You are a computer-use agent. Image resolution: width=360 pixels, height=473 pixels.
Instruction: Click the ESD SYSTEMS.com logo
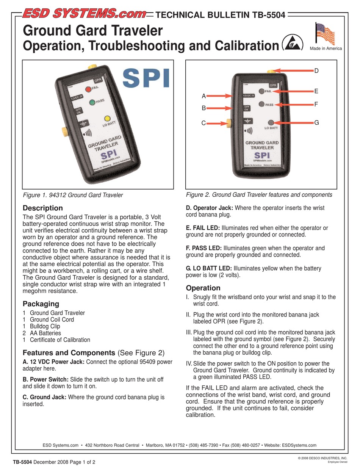[85, 14]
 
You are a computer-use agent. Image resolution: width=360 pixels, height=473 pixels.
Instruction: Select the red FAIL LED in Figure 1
[88, 89]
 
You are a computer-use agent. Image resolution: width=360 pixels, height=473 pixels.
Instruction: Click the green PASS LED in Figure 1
[92, 102]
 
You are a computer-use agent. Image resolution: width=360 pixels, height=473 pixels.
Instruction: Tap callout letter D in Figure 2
[316, 70]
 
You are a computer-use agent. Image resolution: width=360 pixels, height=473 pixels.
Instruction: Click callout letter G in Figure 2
[316, 122]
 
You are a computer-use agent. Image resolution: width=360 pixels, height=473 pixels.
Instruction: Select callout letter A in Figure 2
[203, 96]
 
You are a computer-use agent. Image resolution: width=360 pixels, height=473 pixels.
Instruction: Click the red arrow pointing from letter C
[218, 123]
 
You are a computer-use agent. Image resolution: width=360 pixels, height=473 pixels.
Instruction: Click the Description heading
[43, 208]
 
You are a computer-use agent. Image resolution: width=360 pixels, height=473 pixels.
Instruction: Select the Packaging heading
[41, 304]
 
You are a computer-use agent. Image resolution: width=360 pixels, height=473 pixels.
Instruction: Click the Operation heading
[203, 288]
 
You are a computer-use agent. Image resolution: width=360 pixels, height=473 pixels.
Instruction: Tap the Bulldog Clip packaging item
[45, 326]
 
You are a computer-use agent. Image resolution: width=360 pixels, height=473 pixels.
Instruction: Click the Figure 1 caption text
[73, 195]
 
